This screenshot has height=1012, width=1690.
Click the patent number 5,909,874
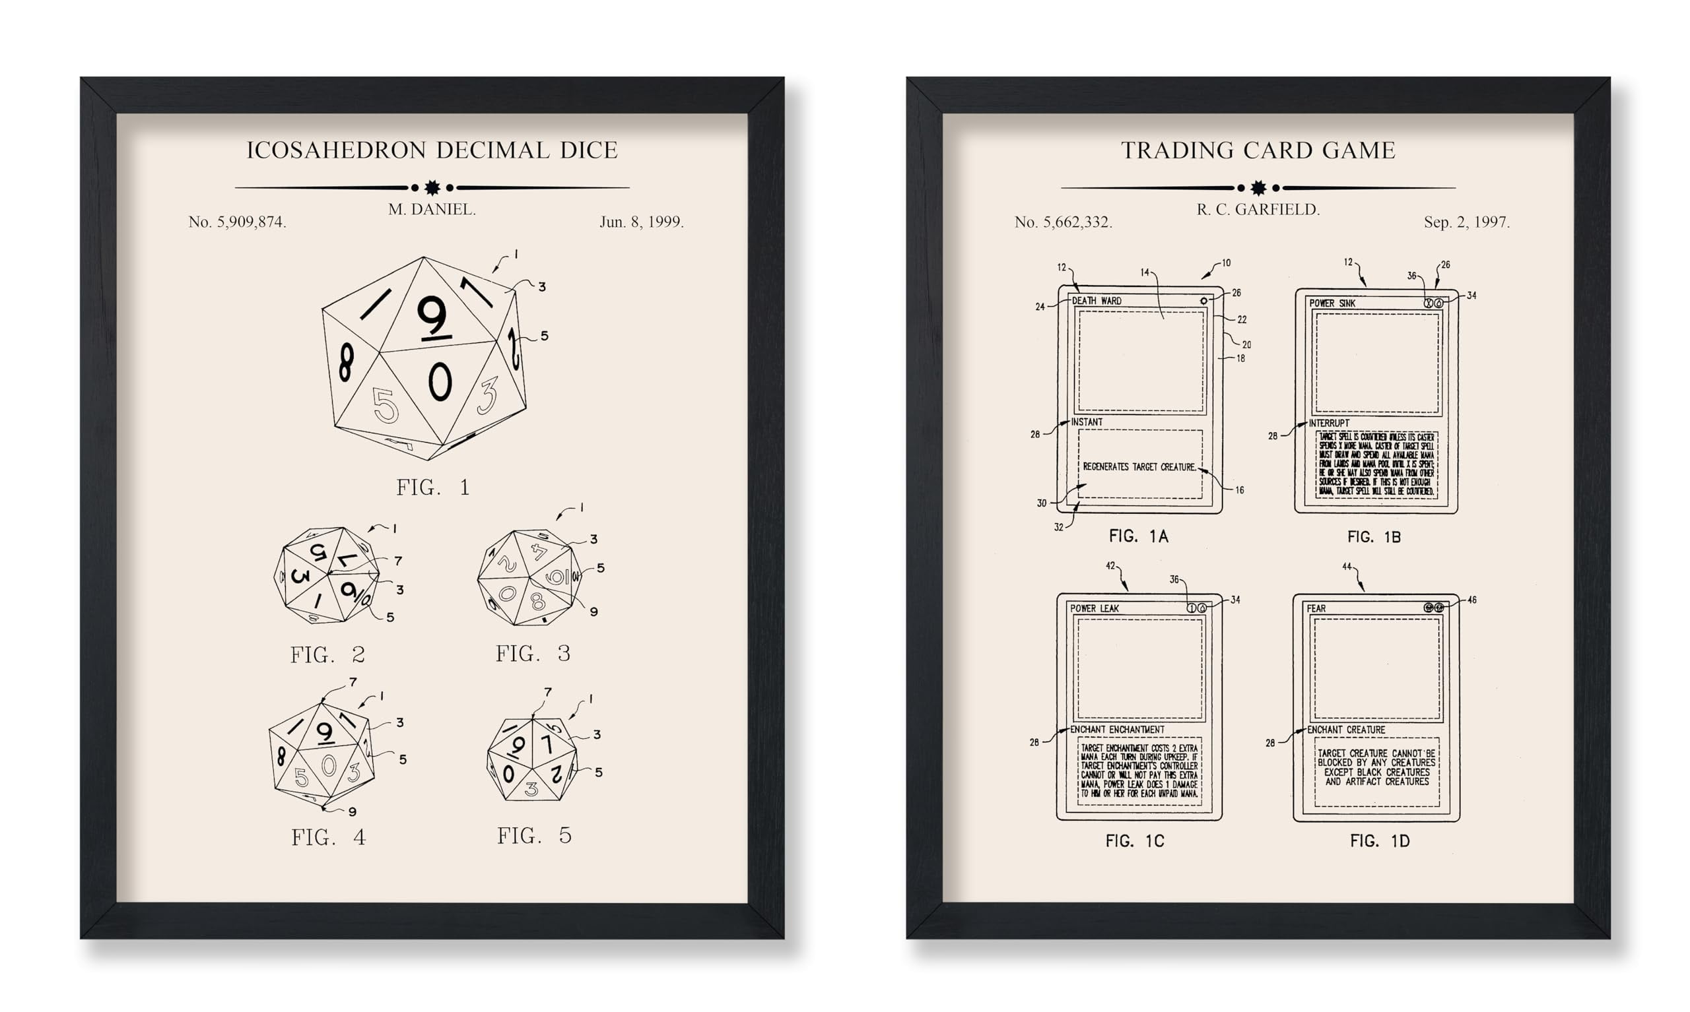(x=238, y=222)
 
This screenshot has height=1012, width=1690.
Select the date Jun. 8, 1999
(x=641, y=222)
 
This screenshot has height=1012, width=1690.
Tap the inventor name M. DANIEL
(x=432, y=209)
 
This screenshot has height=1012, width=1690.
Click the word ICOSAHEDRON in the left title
(x=337, y=150)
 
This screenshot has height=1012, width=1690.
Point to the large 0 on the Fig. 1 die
(x=440, y=381)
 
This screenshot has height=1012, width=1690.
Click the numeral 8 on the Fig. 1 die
(x=347, y=362)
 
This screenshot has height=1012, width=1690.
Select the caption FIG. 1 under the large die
(x=432, y=488)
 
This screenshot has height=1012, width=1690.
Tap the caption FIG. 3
(x=533, y=653)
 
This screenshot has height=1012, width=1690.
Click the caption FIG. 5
(x=534, y=835)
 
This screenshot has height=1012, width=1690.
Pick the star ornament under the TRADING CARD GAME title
(x=1258, y=187)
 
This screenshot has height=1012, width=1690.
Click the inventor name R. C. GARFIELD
(x=1258, y=209)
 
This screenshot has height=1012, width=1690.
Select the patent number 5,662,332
(x=1063, y=222)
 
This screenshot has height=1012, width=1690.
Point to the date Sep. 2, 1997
(x=1466, y=222)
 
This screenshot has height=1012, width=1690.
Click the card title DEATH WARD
(x=1097, y=301)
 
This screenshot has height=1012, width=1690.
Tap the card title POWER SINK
(x=1332, y=303)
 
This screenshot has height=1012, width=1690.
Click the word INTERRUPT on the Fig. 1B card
(x=1328, y=423)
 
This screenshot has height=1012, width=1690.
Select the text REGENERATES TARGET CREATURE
(x=1139, y=467)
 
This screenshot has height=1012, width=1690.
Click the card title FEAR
(x=1316, y=608)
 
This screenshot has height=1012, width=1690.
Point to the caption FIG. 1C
(x=1135, y=841)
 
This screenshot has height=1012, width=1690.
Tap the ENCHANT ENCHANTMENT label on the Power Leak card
(x=1117, y=730)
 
